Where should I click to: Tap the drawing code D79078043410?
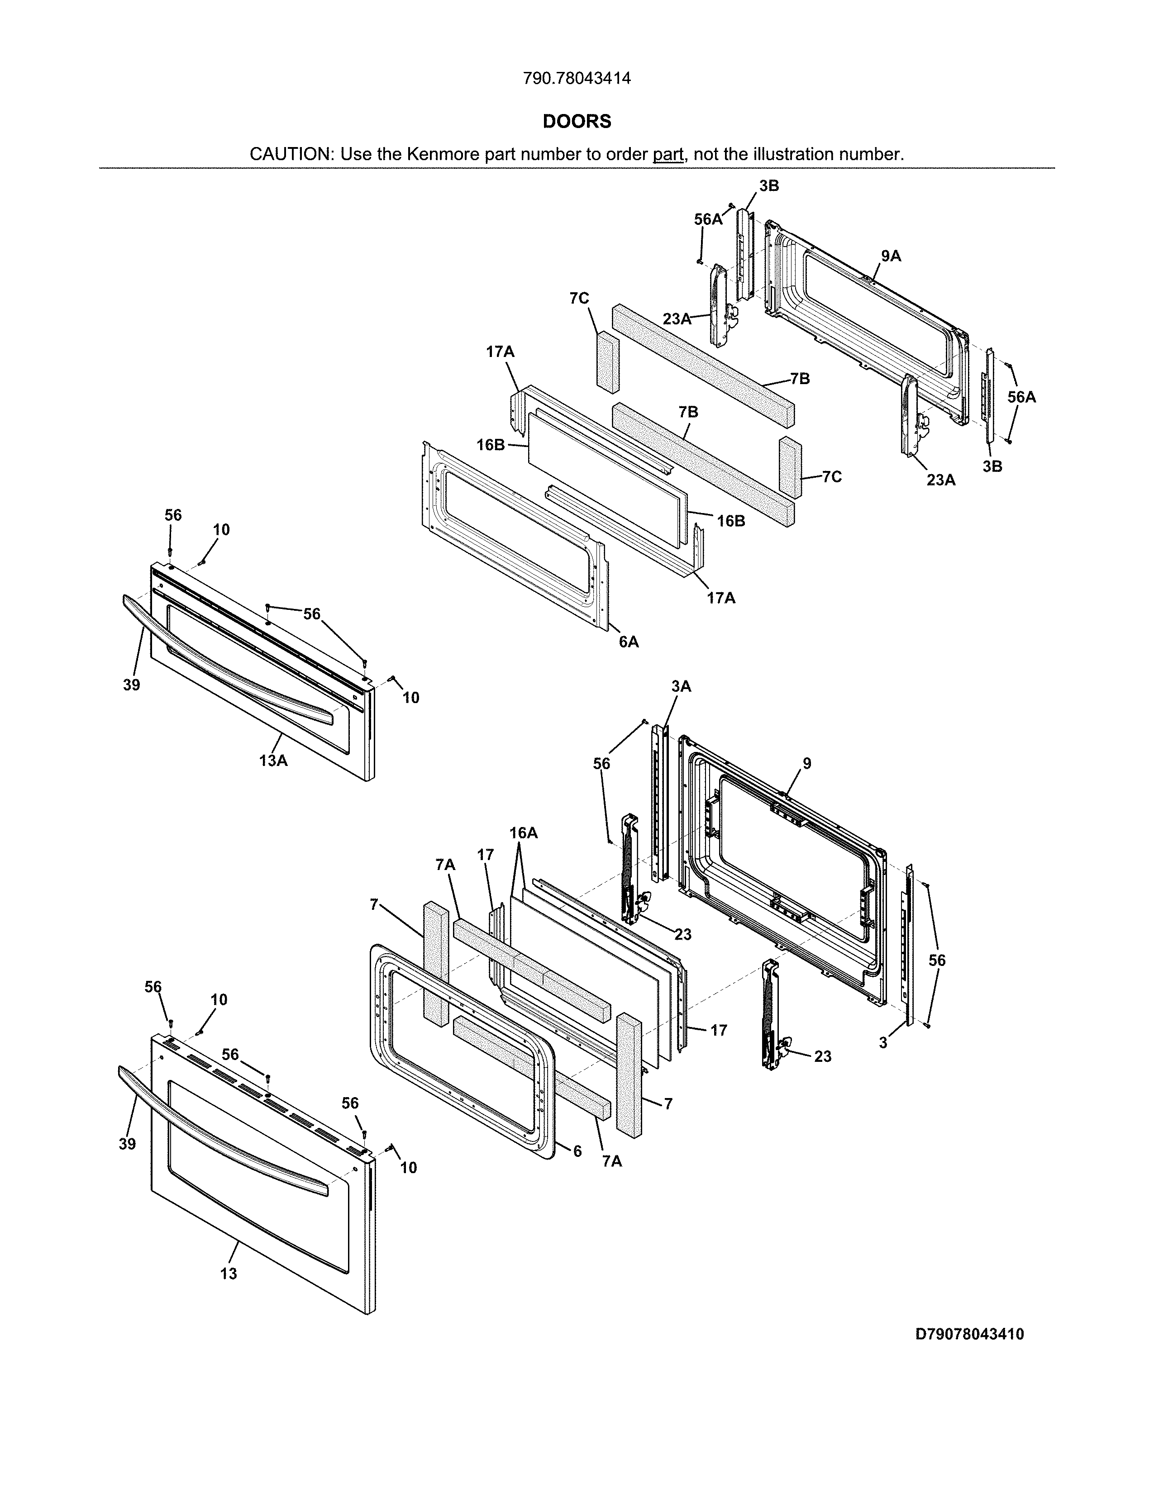pos(969,1334)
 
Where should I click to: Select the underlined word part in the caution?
pos(668,154)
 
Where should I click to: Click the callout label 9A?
pos(890,257)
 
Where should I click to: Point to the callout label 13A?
pos(273,760)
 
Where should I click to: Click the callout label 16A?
pos(523,832)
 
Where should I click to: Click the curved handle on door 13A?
pos(226,660)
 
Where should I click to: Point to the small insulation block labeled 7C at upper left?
pos(607,362)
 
